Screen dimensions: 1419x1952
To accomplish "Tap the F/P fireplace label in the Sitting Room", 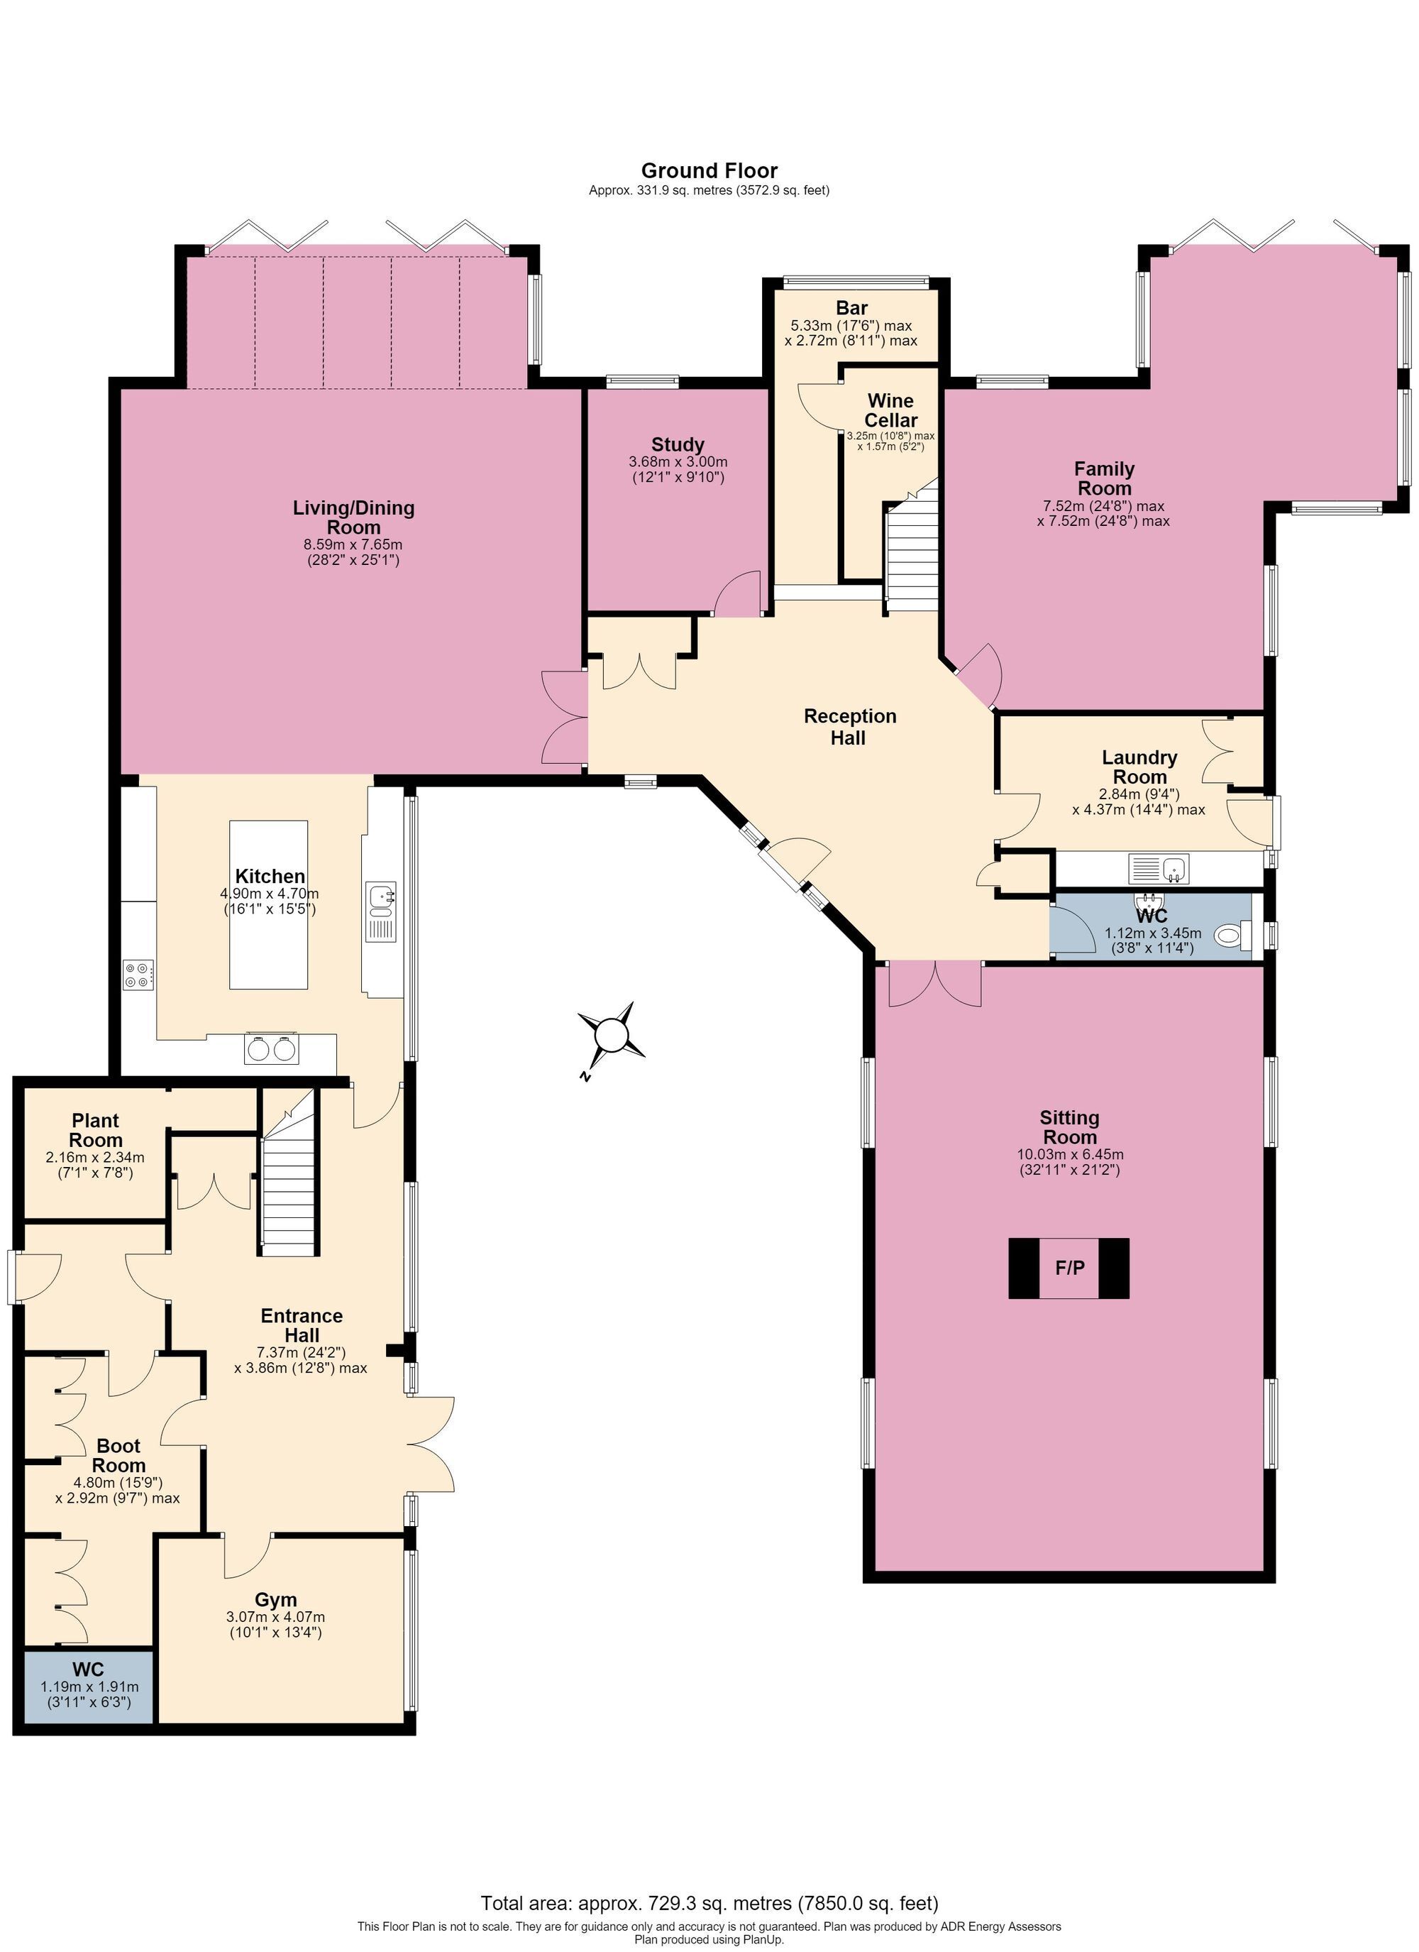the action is [1070, 1268].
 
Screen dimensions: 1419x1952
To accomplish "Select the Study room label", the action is [678, 445].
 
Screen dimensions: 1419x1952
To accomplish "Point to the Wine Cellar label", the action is [890, 410].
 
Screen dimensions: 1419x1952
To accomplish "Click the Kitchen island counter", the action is [268, 904].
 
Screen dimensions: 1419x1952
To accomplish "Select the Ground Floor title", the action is [709, 170].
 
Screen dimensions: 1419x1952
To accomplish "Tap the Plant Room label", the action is [96, 1130].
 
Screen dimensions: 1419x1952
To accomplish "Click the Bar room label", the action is [852, 308].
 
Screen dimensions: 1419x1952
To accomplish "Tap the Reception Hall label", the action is [849, 726].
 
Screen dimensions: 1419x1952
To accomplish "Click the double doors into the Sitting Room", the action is [934, 984].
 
